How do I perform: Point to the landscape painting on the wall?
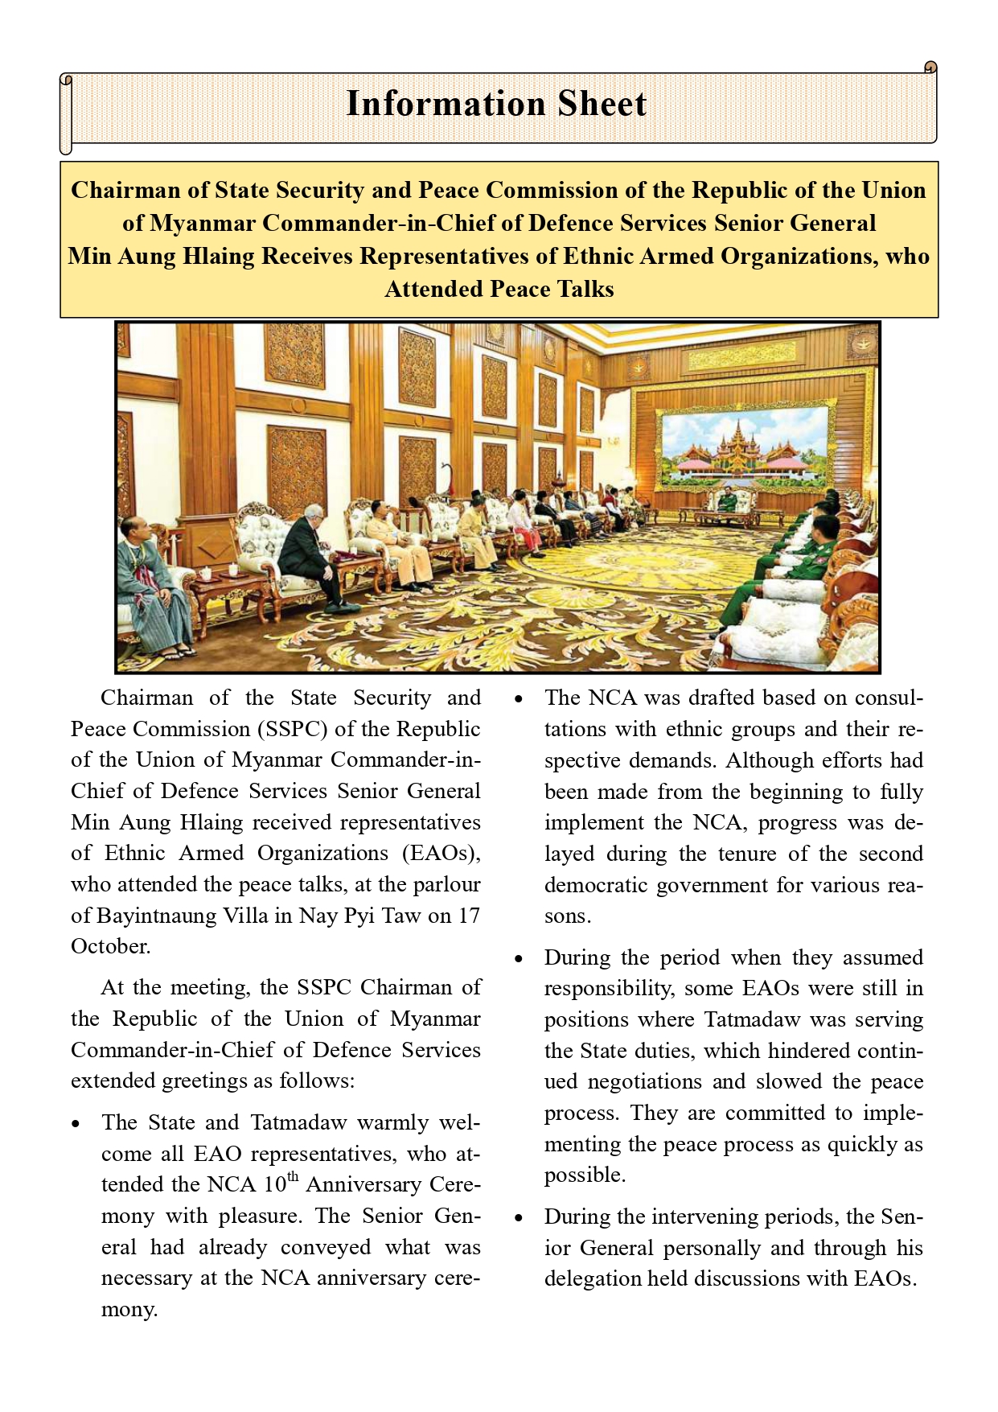[x=744, y=448]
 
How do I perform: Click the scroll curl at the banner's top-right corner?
[x=930, y=67]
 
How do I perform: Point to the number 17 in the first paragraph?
[x=469, y=916]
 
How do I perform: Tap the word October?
[x=110, y=946]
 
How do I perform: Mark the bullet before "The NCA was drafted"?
[x=519, y=698]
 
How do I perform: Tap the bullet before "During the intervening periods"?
[x=519, y=1217]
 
